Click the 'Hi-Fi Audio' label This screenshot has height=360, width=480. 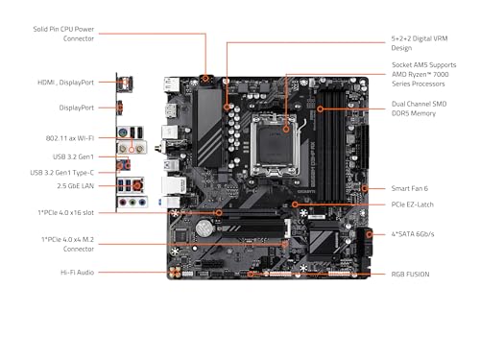click(x=74, y=272)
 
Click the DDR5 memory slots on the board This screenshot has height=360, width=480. click(x=339, y=134)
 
